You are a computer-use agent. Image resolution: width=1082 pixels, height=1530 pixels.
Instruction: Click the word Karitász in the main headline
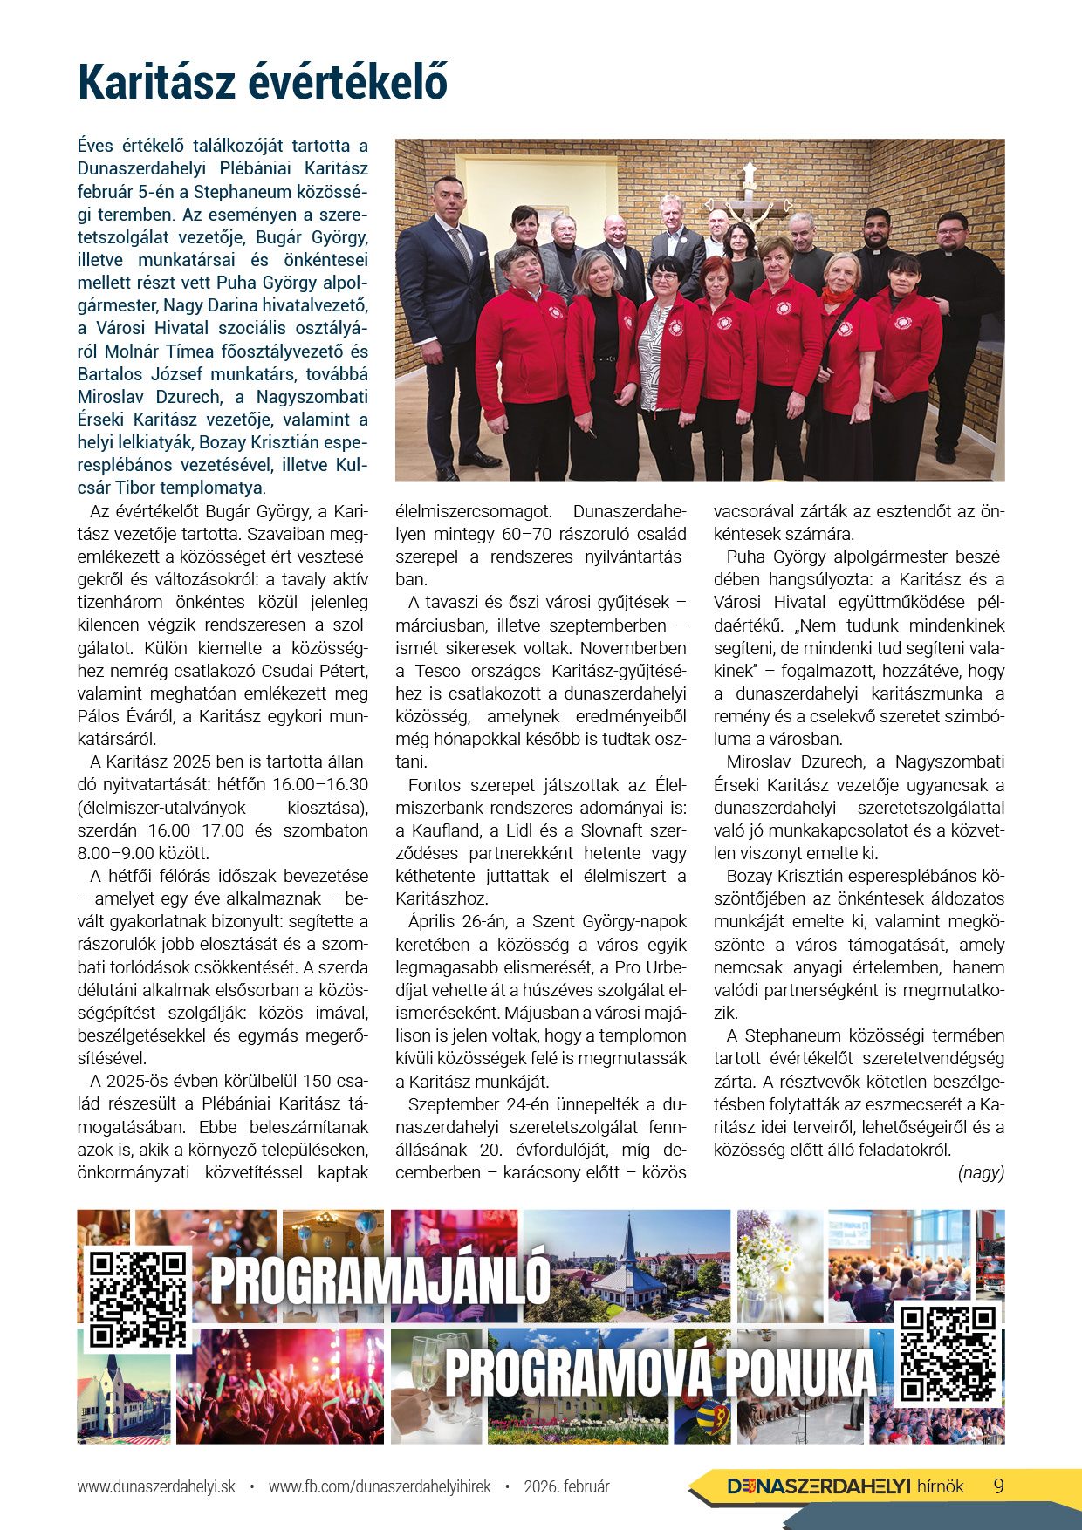156,83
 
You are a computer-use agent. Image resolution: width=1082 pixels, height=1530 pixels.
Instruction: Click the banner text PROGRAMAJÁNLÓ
380,1280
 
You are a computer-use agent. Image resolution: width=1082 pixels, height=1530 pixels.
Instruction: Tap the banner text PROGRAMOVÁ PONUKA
660,1372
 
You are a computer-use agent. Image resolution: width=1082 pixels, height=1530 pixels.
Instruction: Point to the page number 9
998,1486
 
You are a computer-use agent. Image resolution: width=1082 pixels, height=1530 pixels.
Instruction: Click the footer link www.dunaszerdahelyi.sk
156,1486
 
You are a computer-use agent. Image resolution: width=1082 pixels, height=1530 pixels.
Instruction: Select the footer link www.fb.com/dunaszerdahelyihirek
380,1486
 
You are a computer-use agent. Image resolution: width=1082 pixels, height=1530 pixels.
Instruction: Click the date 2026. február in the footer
566,1486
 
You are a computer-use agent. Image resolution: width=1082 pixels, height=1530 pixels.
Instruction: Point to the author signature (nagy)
981,1172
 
